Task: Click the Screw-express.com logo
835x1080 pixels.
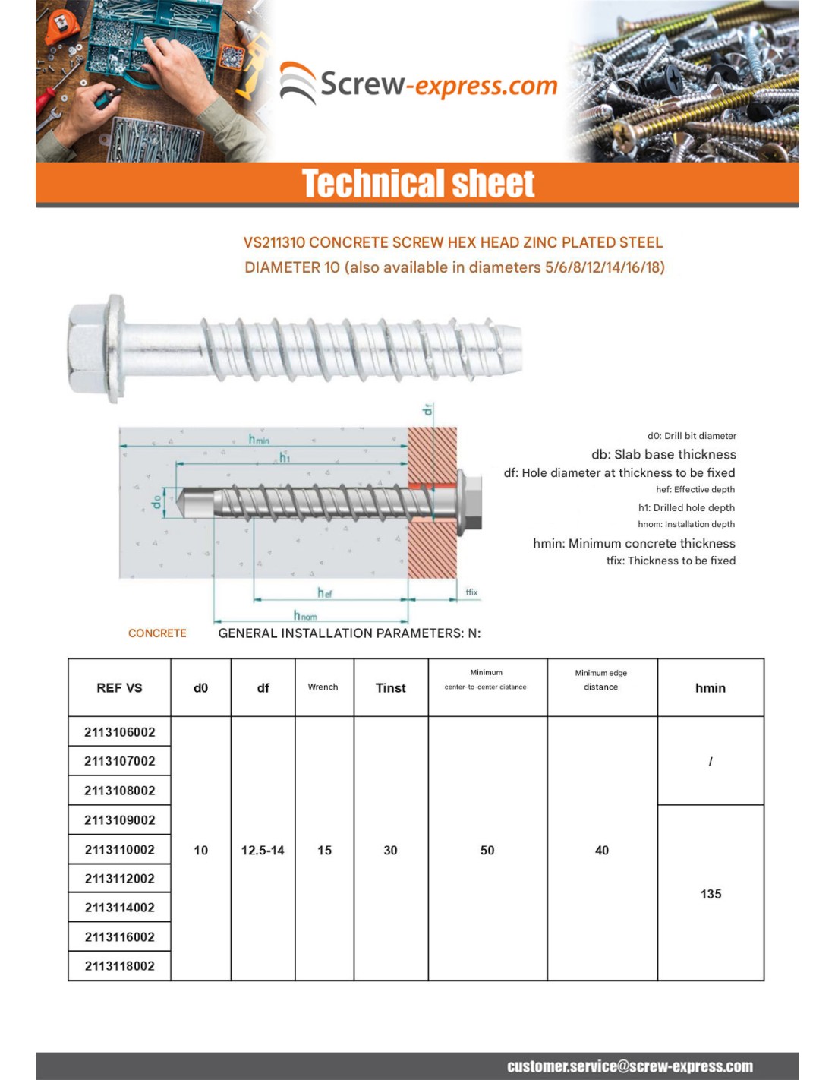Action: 419,84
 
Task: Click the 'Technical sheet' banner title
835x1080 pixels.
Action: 418,184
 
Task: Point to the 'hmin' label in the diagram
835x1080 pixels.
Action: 259,438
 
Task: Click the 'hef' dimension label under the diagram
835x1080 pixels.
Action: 325,592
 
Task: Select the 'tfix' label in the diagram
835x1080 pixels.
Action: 471,592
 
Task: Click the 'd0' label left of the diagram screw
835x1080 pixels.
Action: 156,501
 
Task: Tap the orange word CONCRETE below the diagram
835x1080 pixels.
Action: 157,633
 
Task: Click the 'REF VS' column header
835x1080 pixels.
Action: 119,688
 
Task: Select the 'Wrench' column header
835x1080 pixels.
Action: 323,687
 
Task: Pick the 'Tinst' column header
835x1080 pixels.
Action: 390,688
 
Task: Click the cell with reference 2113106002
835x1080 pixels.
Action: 120,732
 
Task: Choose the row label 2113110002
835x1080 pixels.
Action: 120,850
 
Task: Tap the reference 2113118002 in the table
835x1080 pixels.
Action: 120,966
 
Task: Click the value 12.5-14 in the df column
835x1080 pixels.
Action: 263,851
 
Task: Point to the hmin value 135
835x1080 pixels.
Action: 711,894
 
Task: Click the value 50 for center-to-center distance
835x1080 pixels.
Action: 487,851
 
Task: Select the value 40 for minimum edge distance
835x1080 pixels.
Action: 602,851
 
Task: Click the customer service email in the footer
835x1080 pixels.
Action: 630,1066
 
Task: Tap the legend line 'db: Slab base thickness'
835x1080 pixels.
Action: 663,454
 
